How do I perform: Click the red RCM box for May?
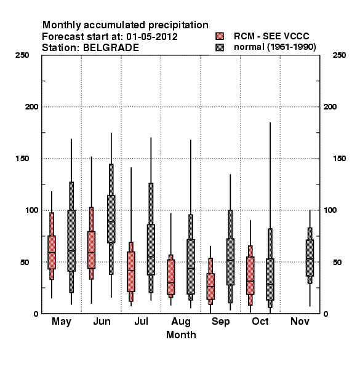(52, 252)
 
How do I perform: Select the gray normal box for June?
(111, 219)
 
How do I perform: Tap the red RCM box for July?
(131, 272)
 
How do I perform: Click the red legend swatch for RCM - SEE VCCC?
(220, 36)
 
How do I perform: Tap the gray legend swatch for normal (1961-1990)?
(220, 47)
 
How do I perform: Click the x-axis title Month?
(181, 335)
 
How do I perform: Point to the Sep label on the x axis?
(220, 322)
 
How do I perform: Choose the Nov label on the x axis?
(300, 321)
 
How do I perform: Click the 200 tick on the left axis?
(31, 107)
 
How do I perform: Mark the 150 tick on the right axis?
(340, 159)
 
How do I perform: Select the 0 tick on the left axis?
(36, 314)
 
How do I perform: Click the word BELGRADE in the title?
(111, 48)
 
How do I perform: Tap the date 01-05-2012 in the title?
(152, 37)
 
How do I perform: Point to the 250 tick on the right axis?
(340, 55)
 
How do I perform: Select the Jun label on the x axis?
(102, 321)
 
